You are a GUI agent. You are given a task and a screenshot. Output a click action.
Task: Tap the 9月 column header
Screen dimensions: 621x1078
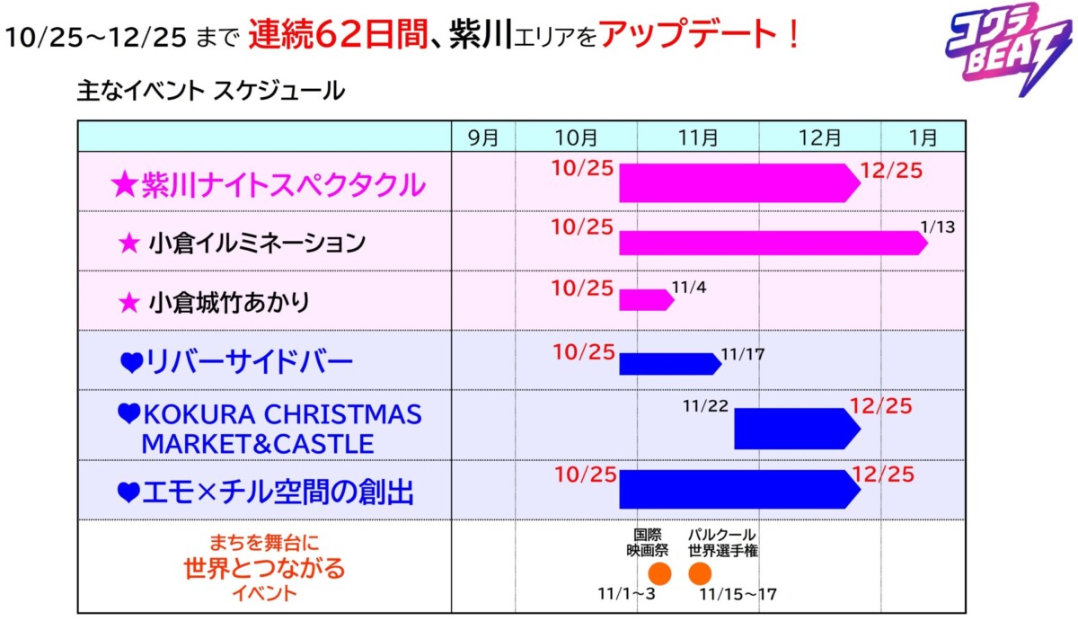point(482,138)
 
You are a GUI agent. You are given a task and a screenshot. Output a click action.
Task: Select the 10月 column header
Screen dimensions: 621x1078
point(576,138)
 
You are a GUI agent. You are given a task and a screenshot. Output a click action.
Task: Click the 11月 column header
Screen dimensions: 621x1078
point(698,138)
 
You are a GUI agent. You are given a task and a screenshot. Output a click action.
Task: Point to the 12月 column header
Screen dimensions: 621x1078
point(819,138)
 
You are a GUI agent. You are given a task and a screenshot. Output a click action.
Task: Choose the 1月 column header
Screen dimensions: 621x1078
point(923,138)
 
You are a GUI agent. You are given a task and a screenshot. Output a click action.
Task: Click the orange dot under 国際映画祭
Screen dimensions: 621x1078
point(659,573)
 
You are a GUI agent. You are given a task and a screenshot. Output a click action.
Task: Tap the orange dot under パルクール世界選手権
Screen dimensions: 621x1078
point(700,573)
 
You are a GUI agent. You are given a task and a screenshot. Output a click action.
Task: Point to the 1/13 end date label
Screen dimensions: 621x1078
point(937,226)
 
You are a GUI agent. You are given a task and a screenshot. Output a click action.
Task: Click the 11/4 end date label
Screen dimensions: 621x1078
point(689,288)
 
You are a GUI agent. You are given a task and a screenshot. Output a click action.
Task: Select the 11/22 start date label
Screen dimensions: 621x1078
point(705,407)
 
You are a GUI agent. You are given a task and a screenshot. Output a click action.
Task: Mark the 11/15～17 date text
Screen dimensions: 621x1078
point(737,595)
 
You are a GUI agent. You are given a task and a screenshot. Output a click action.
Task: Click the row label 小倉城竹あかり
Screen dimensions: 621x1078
point(228,302)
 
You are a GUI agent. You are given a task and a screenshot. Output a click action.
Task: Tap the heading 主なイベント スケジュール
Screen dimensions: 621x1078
point(211,91)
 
